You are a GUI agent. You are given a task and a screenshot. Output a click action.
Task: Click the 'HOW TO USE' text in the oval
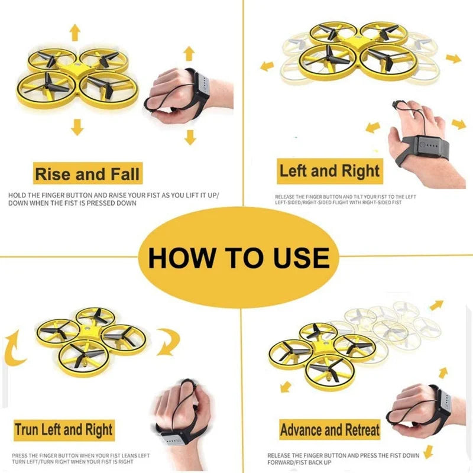238,258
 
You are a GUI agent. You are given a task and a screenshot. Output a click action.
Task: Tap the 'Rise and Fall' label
88,174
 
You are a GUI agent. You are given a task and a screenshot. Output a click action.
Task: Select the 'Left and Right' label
329,171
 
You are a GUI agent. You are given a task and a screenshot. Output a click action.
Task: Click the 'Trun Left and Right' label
64,429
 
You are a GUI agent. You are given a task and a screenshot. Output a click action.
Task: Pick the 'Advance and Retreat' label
329,430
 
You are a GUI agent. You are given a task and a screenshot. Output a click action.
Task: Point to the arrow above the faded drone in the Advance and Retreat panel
436,305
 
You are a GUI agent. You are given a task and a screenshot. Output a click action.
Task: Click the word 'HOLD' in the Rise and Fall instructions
15,195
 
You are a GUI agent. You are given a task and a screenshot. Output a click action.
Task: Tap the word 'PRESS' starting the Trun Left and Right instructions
19,455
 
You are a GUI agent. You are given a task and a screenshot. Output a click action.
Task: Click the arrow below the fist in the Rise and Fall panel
189,137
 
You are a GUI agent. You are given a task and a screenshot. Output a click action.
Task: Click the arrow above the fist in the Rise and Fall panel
189,54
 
